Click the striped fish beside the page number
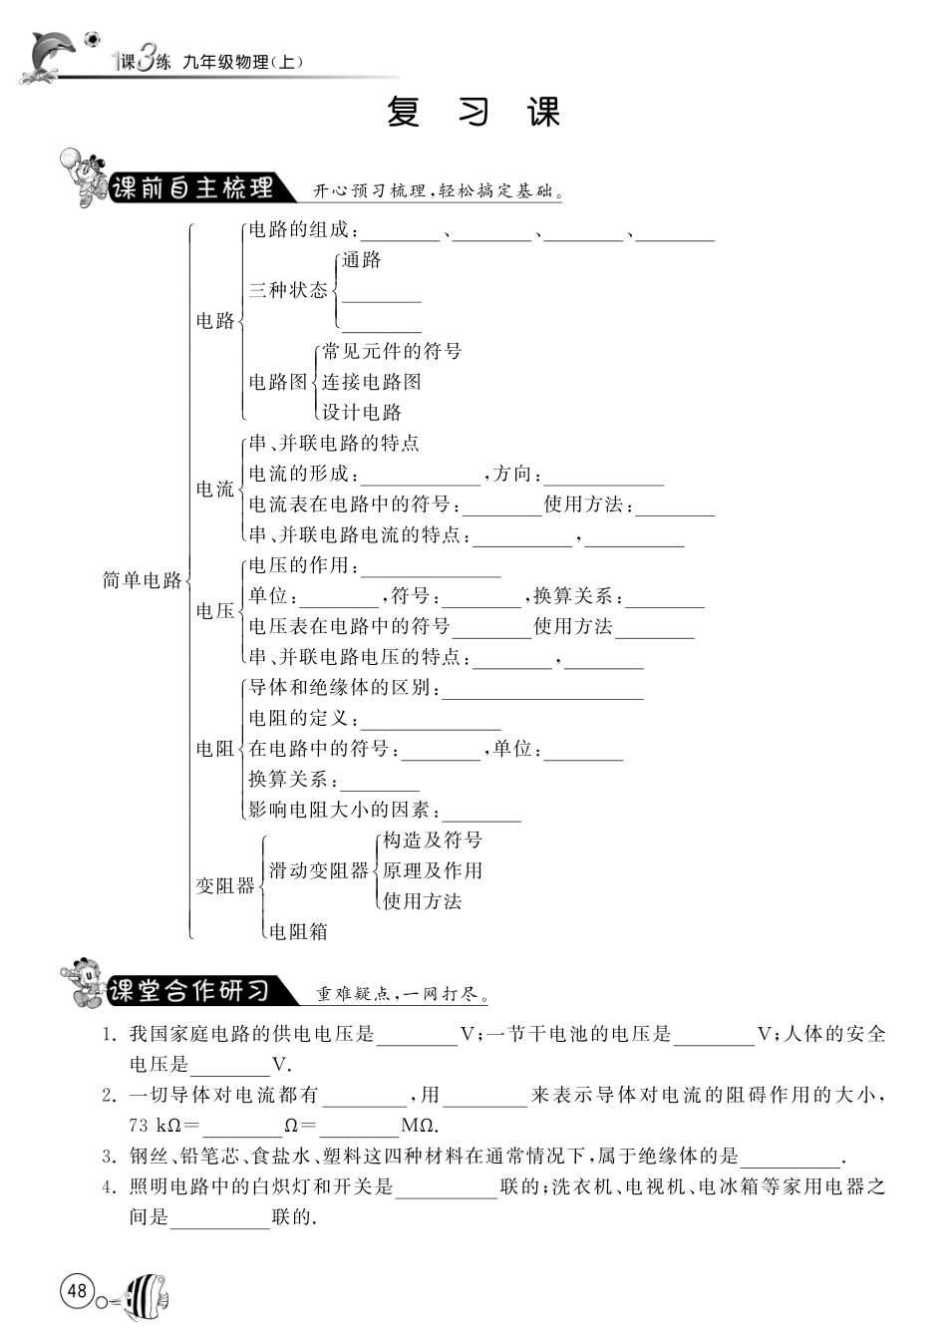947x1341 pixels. tap(146, 1297)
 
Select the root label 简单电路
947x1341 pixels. tap(144, 580)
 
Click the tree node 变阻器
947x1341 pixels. tap(225, 885)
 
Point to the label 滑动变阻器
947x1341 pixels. tap(319, 870)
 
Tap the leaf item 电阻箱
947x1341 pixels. tap(298, 931)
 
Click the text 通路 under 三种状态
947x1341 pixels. tap(362, 260)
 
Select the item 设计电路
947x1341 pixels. tap(362, 412)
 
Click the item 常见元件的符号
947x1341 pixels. tap(392, 351)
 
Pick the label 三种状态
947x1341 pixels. tap(288, 290)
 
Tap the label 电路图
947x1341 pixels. tap(278, 381)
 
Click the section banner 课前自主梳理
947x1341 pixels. tap(191, 188)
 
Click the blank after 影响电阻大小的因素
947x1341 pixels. tap(481, 812)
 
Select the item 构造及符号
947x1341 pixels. tap(433, 839)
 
